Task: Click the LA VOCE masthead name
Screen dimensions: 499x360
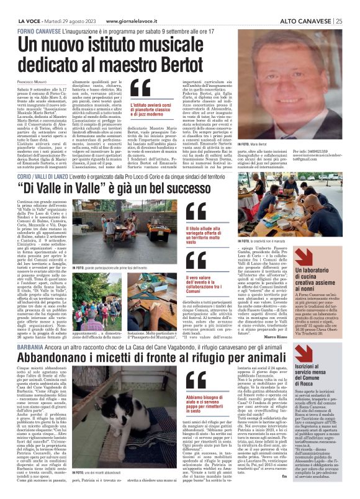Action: coord(26,6)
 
